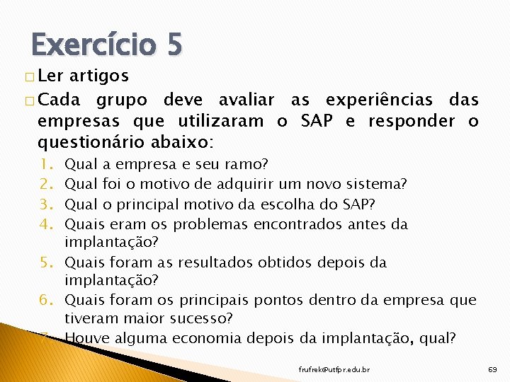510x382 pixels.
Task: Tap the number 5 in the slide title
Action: [174, 46]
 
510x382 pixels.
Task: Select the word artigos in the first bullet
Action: [98, 75]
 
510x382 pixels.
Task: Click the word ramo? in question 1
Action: [245, 165]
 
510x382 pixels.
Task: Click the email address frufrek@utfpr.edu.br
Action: [334, 369]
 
